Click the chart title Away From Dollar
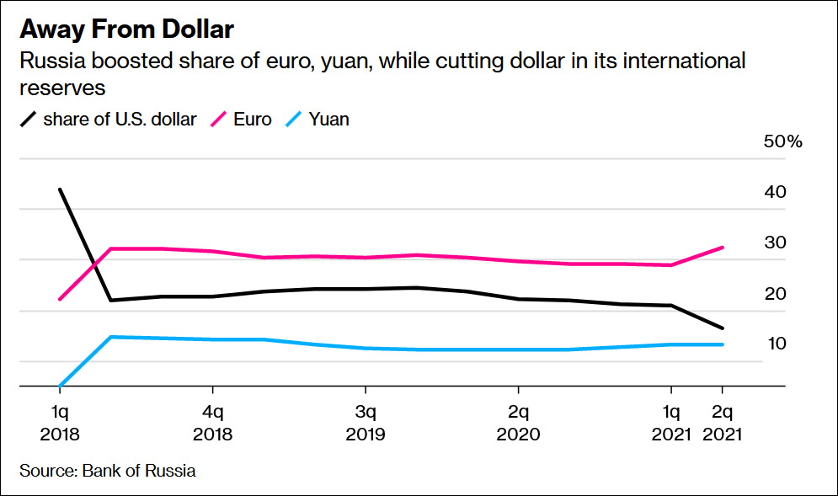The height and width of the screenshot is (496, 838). tap(126, 30)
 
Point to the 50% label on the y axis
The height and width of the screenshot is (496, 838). tap(782, 141)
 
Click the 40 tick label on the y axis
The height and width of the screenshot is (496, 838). tap(775, 192)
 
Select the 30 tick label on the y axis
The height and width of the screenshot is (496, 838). tap(775, 243)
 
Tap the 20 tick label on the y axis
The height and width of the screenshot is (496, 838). tap(775, 293)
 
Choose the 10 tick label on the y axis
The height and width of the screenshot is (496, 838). tap(775, 344)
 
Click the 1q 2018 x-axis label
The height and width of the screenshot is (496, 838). tap(60, 424)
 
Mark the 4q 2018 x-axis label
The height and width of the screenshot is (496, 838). tap(212, 424)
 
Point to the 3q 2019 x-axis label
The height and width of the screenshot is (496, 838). tap(365, 424)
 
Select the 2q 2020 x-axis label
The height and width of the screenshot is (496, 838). tap(518, 424)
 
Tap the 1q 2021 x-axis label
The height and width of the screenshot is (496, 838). tap(671, 424)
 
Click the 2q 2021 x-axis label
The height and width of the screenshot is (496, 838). tap(722, 424)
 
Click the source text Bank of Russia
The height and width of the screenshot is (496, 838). tap(107, 471)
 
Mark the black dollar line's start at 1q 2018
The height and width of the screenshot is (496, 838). tap(60, 189)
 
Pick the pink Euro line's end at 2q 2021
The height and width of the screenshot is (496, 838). tap(722, 248)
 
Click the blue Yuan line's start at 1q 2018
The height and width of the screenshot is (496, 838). tap(60, 386)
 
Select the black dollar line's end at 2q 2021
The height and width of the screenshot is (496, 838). tap(722, 328)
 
